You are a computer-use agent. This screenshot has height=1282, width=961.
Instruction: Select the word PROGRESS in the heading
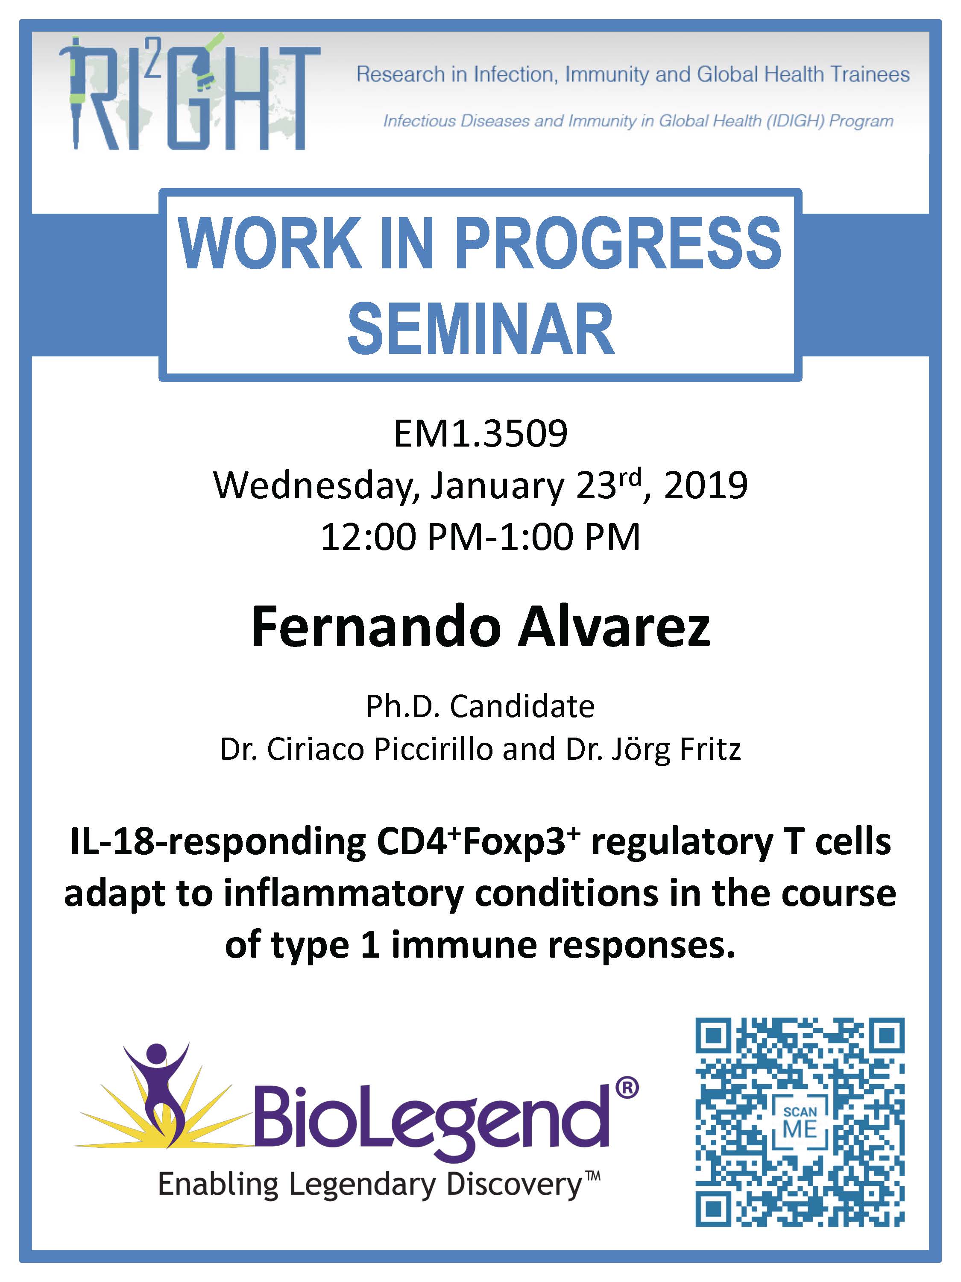[618, 244]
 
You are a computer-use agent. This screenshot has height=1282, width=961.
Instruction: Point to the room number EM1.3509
[480, 433]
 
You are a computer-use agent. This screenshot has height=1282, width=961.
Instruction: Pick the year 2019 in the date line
[706, 486]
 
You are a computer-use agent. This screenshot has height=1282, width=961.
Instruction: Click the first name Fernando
[376, 628]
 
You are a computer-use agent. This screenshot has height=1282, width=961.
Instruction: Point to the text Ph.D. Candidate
[480, 706]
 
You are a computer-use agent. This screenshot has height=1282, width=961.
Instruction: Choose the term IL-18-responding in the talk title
[218, 843]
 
